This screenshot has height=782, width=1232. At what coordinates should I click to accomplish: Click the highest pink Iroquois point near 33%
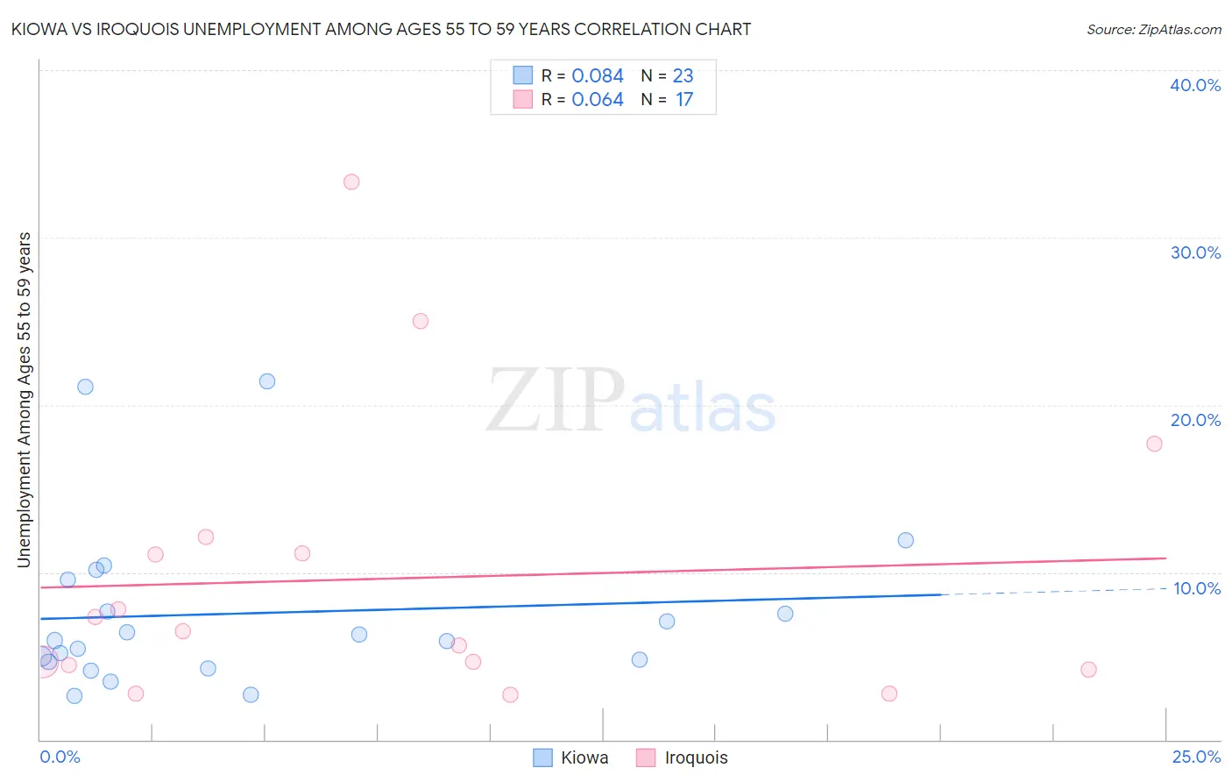(351, 182)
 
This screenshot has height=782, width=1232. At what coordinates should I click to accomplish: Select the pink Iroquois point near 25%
(421, 321)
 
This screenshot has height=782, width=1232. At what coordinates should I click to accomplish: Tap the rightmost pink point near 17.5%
(1154, 444)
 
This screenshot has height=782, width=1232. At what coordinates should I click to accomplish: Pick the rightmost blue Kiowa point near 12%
(906, 540)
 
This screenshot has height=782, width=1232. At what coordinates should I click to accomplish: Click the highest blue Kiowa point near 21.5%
(267, 381)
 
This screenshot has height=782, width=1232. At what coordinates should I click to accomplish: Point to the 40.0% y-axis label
(1195, 86)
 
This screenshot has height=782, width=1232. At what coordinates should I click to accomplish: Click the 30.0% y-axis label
(1195, 253)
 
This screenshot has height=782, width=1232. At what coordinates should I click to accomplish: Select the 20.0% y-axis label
(1195, 421)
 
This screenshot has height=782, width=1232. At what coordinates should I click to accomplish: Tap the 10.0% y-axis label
(1197, 588)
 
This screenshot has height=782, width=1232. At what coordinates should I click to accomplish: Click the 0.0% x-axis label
(60, 757)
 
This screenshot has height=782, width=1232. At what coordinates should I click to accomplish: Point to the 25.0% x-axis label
(1196, 757)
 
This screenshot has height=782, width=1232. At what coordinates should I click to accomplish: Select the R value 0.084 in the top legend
(598, 76)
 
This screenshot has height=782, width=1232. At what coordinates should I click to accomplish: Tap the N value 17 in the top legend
(684, 100)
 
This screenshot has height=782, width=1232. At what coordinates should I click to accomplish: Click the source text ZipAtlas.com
(1154, 30)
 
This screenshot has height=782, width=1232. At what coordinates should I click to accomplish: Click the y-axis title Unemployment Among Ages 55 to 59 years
(25, 400)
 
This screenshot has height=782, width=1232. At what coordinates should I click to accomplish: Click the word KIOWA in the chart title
(39, 30)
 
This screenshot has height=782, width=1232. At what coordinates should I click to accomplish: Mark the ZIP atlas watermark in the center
(631, 402)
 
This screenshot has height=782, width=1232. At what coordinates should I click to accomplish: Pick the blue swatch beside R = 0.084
(523, 75)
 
